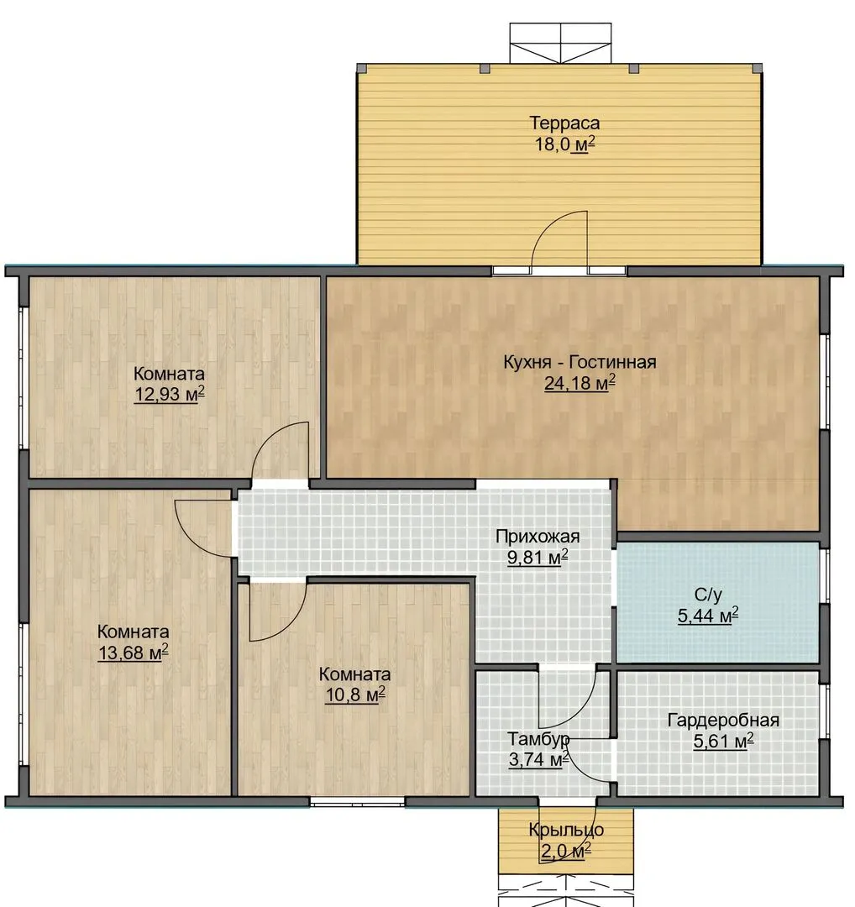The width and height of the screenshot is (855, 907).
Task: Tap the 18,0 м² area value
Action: (564, 144)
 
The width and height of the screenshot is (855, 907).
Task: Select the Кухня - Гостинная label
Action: (580, 362)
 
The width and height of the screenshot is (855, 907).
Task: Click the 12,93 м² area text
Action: (170, 395)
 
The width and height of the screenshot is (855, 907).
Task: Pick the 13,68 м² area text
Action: (133, 653)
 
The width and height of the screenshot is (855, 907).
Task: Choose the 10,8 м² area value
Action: (355, 695)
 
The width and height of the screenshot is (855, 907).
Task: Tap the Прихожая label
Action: (538, 537)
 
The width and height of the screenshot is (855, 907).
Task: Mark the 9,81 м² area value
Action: (538, 558)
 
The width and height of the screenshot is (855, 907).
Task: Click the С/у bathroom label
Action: (708, 595)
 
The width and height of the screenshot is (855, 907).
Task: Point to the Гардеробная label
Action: (723, 721)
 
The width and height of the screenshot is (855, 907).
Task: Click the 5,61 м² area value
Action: (723, 741)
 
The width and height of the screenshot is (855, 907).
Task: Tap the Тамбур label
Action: (538, 739)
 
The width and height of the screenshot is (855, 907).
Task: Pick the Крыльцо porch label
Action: (566, 830)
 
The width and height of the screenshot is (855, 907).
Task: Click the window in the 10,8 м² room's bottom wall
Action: (357, 802)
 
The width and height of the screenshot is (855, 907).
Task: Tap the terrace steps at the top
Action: (560, 44)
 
